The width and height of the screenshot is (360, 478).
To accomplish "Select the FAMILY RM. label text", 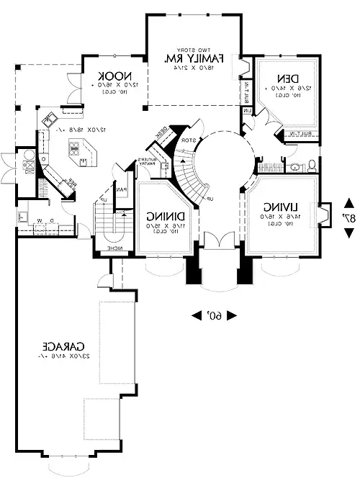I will click(x=193, y=58).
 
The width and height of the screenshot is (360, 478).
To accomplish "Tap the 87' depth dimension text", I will click(x=349, y=218).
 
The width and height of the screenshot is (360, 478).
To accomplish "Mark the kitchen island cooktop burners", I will click(x=74, y=149).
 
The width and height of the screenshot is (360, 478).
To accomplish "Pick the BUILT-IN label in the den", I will click(x=297, y=134).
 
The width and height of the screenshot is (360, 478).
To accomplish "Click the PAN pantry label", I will click(x=123, y=191).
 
